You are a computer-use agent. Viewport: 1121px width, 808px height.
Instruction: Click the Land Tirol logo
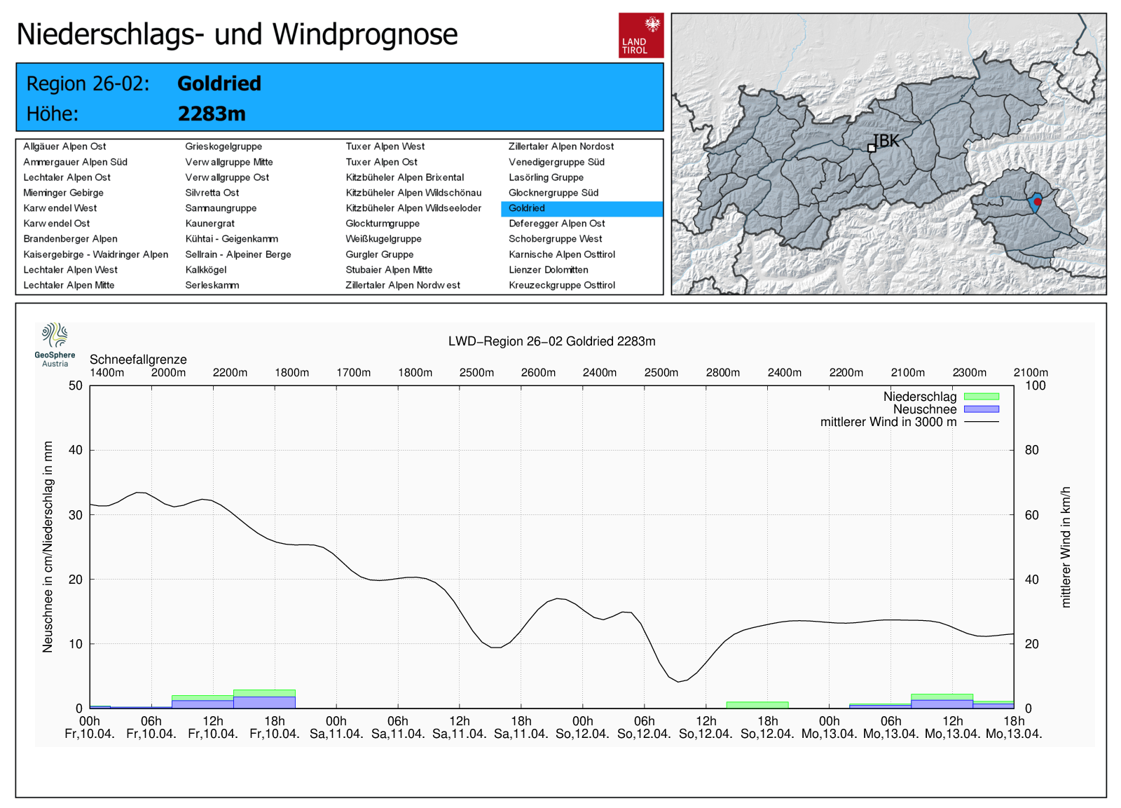point(640,35)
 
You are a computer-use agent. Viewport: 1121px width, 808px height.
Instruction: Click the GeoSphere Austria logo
point(55,344)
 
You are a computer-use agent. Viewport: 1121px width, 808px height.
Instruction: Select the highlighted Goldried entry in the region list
point(527,208)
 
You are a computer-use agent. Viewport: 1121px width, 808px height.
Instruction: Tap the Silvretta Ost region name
point(212,193)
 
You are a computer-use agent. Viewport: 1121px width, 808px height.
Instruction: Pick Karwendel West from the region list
point(60,208)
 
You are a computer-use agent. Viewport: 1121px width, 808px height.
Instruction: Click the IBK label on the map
point(887,141)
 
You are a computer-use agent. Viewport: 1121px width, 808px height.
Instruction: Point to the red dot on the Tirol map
point(1038,202)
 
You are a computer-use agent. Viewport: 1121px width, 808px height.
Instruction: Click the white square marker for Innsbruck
point(872,148)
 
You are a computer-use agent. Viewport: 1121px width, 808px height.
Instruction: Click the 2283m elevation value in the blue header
point(212,114)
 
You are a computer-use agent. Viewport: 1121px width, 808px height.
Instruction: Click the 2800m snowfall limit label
point(722,373)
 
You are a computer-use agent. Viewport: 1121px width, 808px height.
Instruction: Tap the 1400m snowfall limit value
point(107,373)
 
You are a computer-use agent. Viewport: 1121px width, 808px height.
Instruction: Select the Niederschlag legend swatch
point(981,397)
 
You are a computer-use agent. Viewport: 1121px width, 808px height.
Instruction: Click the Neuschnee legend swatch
point(981,409)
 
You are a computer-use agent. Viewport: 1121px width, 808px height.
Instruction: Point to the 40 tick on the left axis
point(75,450)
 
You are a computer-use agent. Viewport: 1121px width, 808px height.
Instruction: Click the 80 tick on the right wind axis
point(1031,450)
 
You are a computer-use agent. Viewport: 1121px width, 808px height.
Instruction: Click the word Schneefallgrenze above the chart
point(138,360)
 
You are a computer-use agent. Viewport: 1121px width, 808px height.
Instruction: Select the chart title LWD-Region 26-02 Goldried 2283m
point(551,341)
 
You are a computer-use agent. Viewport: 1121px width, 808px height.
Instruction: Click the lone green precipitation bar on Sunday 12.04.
point(757,705)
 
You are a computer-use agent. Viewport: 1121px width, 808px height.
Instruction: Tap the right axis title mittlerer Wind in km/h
point(1066,547)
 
